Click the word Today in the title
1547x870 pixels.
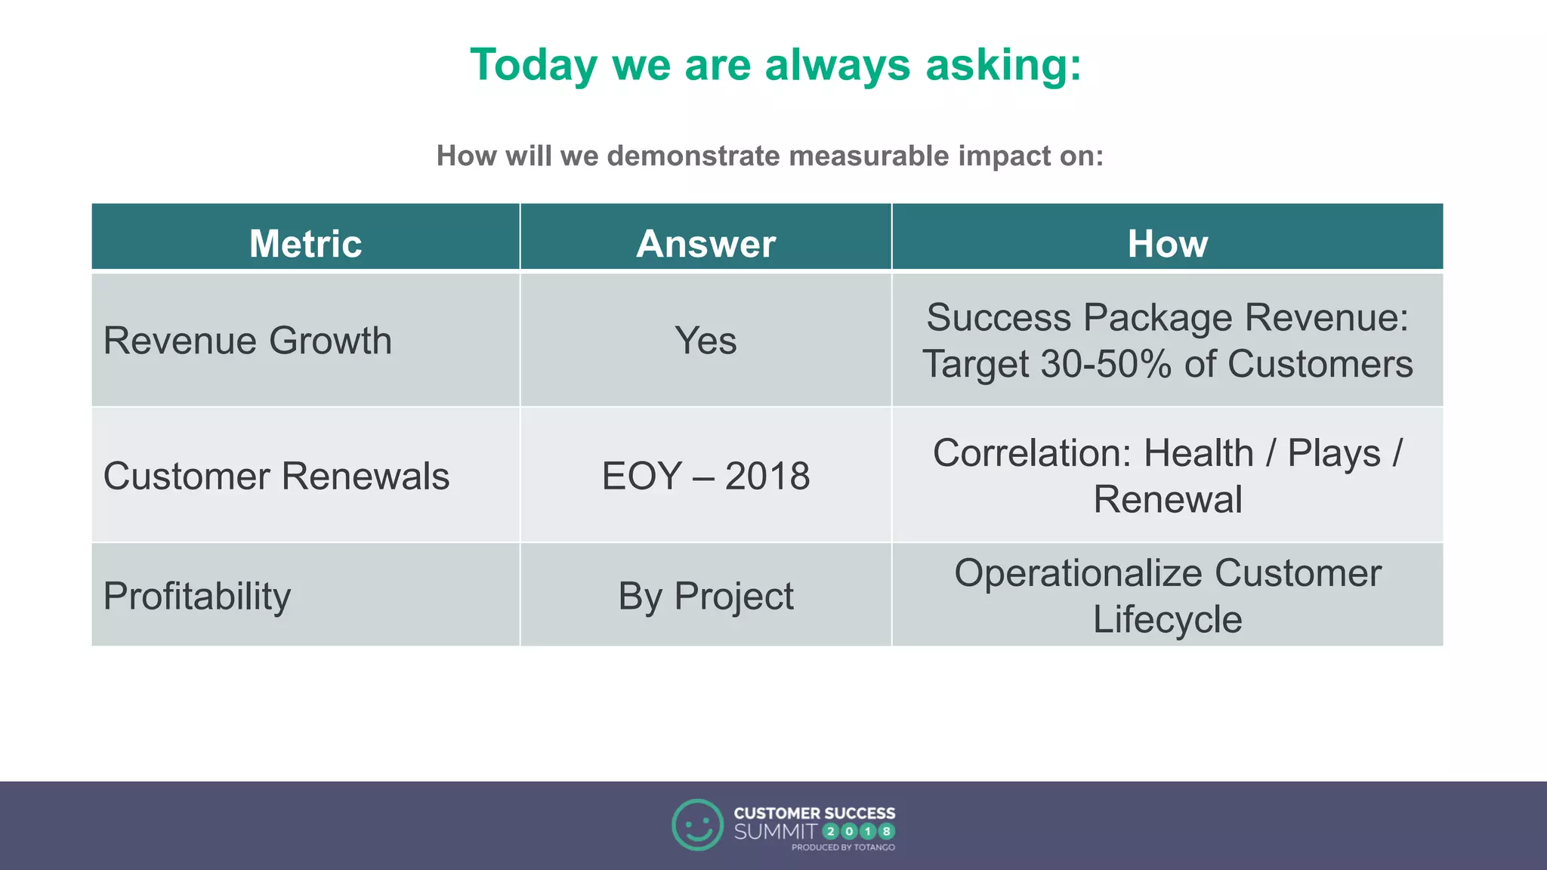(533, 66)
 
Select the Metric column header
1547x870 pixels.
(305, 243)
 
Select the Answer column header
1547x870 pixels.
(706, 243)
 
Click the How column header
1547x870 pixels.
(1167, 243)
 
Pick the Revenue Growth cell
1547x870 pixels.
(248, 341)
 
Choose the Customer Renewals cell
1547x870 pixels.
(276, 477)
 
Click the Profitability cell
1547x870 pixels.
(197, 596)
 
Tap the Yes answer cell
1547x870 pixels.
(706, 341)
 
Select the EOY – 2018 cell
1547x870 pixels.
(706, 477)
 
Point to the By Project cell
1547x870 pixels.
(706, 596)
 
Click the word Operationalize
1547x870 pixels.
(1078, 573)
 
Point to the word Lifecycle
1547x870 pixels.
(1167, 620)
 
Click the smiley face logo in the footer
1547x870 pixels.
(697, 825)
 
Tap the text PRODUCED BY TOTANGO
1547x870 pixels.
(843, 847)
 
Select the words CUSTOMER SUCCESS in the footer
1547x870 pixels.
(814, 813)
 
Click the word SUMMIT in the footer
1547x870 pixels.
(775, 831)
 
